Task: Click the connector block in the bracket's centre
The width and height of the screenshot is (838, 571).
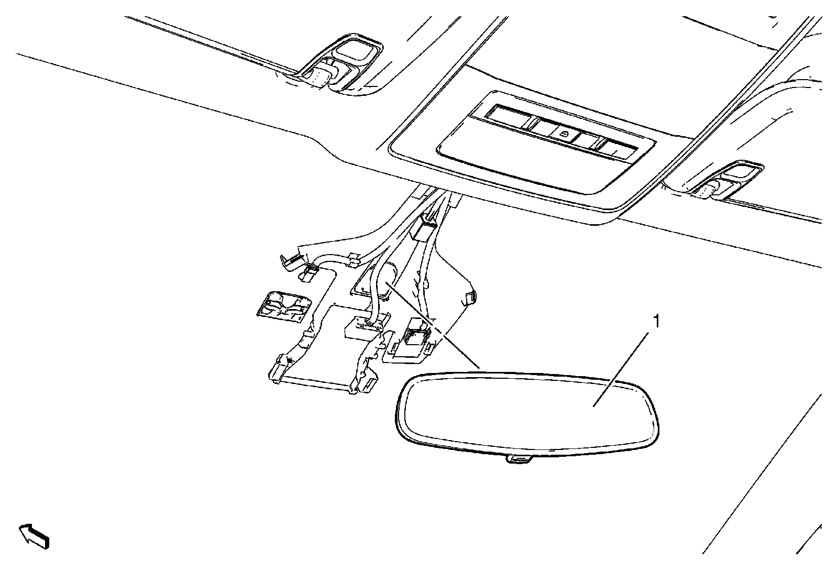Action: click(366, 328)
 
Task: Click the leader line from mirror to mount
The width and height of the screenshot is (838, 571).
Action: click(435, 325)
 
